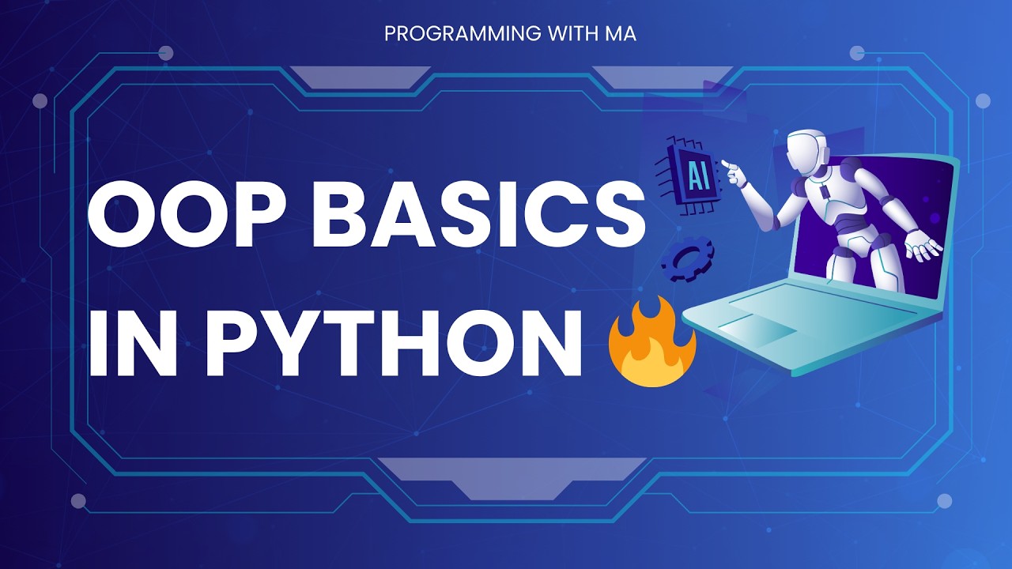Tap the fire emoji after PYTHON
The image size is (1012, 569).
pos(651,345)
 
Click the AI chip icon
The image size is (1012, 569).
pos(693,175)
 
